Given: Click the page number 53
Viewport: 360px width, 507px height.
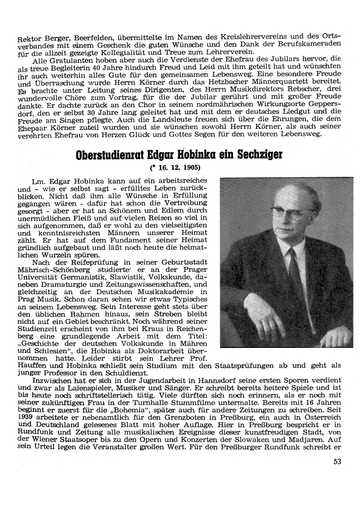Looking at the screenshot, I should pos(337,462).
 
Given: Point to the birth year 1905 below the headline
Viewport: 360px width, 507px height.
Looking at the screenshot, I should pos(191,167).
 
